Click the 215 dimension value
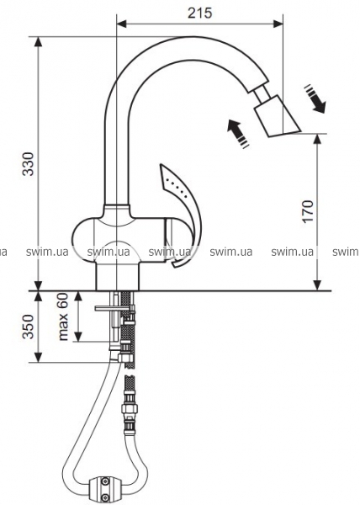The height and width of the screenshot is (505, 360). (x=200, y=13)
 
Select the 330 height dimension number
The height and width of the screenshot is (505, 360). (x=28, y=164)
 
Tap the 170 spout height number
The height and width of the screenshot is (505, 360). (x=308, y=211)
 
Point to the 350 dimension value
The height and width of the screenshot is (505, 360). (x=28, y=327)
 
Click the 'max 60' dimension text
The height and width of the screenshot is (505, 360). (x=63, y=316)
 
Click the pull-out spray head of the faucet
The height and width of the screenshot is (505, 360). (x=277, y=116)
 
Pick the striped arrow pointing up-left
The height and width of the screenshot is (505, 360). (x=238, y=134)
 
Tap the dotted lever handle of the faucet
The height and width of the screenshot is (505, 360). (x=182, y=206)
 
